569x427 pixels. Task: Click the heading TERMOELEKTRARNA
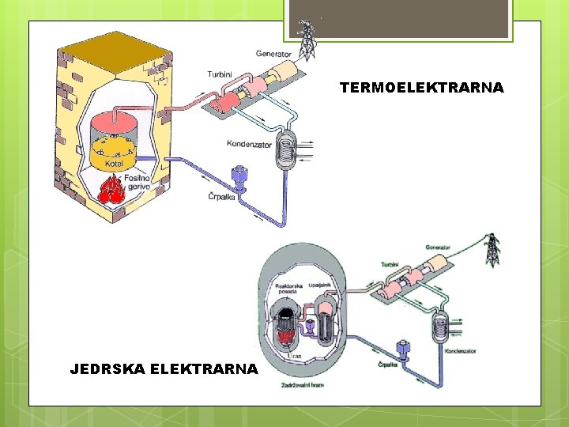coord(421,88)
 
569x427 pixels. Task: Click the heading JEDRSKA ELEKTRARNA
coord(164,368)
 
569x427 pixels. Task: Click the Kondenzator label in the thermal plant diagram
coord(249,144)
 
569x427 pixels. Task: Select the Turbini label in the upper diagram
coord(219,73)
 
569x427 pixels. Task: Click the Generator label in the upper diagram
coord(273,54)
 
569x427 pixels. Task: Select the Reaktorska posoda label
coord(287,287)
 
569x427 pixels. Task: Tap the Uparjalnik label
coord(330,282)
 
